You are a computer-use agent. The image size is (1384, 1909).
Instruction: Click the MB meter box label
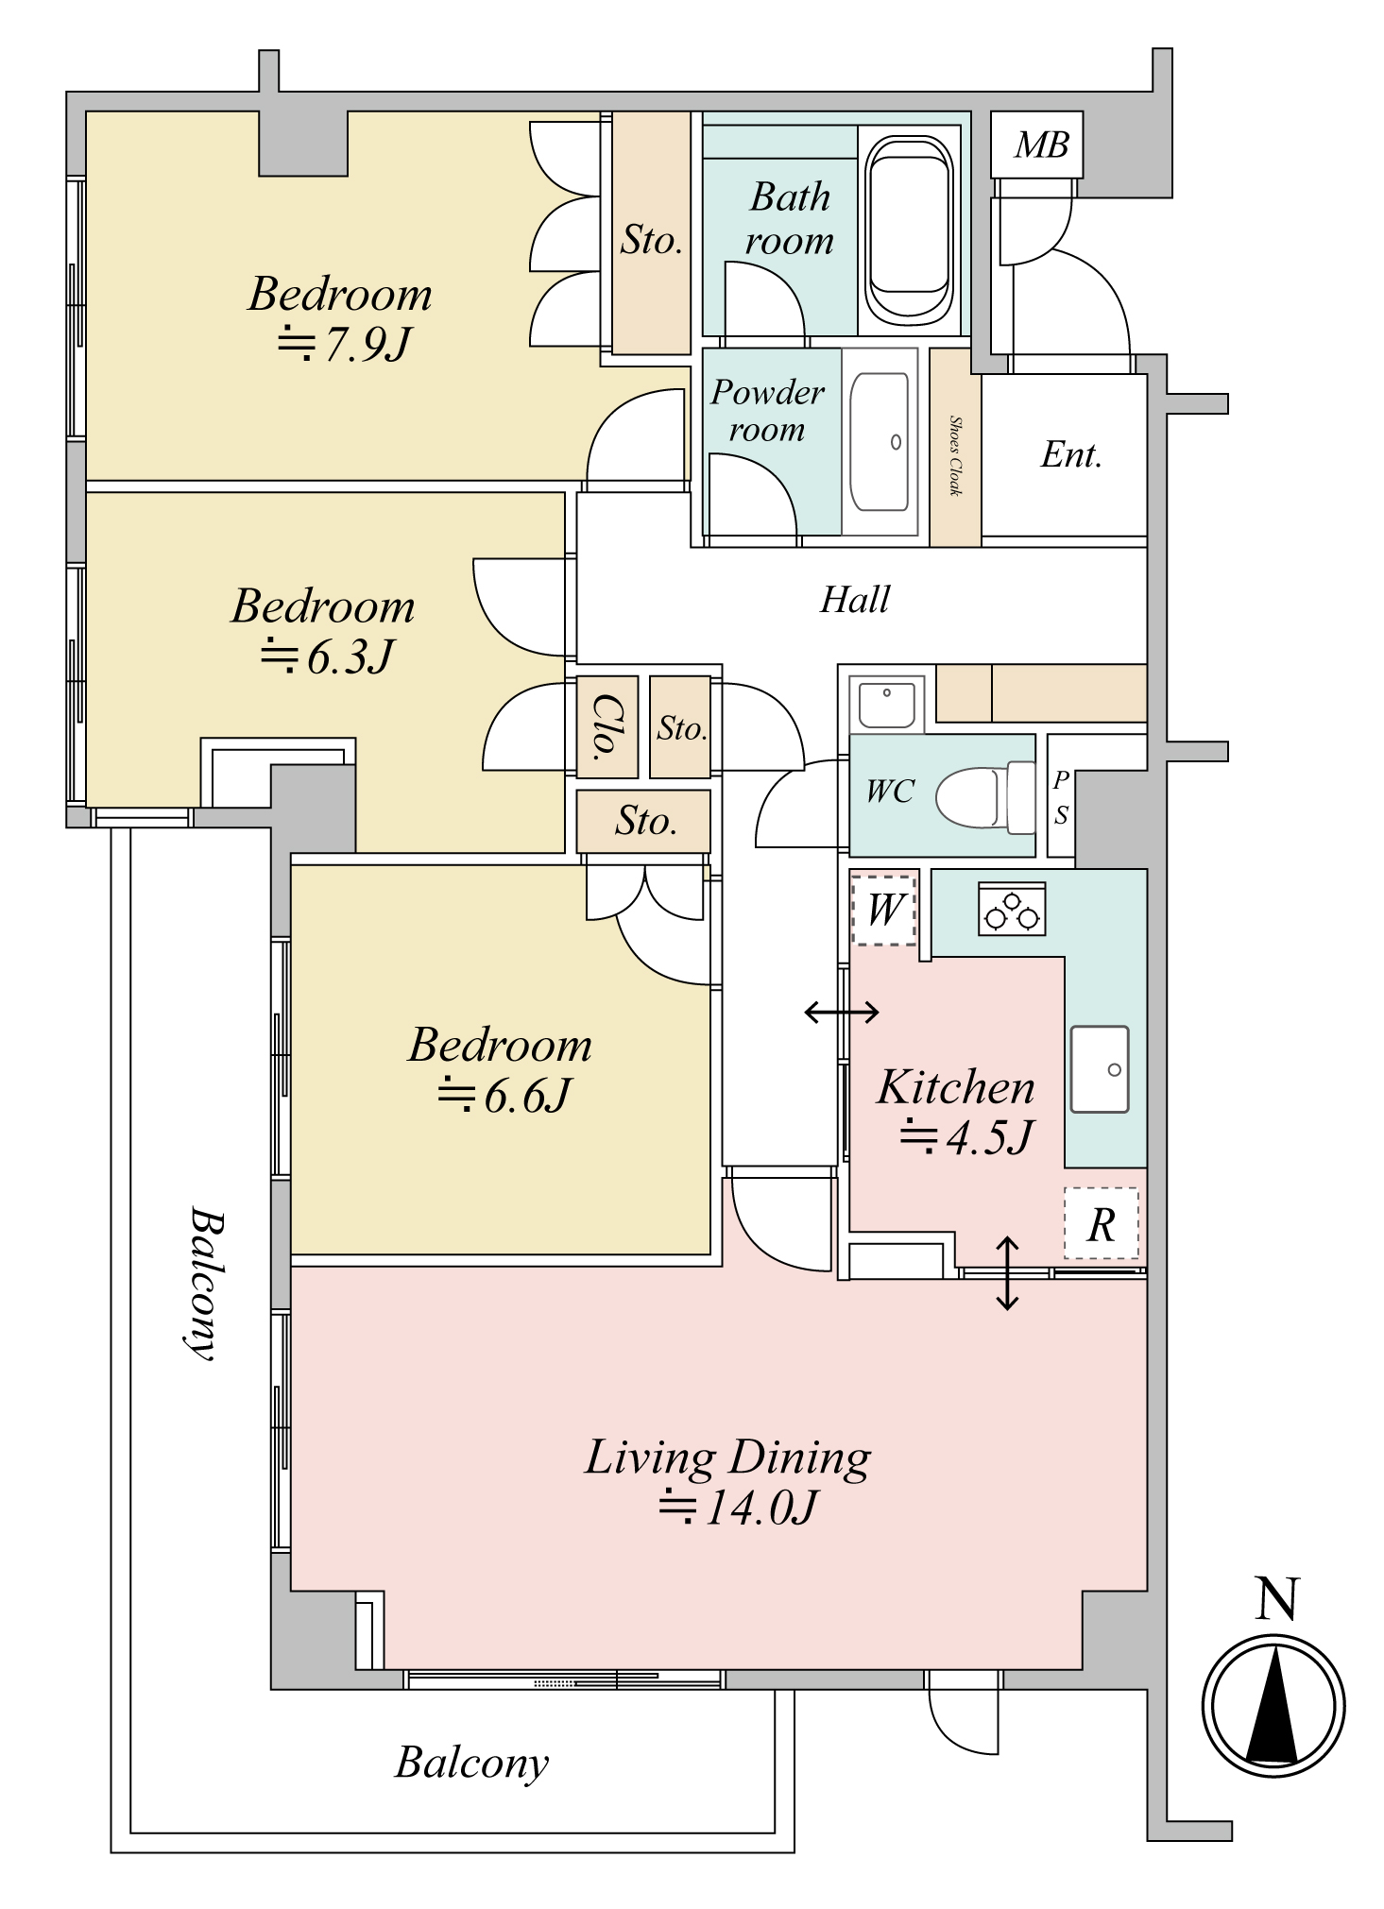(x=1041, y=145)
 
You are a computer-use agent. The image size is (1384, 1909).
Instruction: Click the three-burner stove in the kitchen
(x=1012, y=909)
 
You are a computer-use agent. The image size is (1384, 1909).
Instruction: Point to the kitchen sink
(x=1100, y=1068)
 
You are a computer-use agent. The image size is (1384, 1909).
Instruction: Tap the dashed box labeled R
(x=1102, y=1222)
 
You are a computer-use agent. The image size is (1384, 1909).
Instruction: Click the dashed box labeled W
(x=884, y=910)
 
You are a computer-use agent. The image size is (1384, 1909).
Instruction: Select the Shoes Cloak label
(x=955, y=455)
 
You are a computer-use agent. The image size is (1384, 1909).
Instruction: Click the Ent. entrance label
(x=1071, y=454)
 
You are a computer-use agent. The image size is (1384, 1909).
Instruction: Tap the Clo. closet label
(x=607, y=727)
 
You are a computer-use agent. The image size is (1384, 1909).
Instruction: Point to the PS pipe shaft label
(x=1061, y=797)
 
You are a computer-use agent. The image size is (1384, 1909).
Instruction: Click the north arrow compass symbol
(x=1273, y=1706)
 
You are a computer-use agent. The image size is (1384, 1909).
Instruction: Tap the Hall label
(x=855, y=600)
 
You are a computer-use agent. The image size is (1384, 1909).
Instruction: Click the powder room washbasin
(x=880, y=442)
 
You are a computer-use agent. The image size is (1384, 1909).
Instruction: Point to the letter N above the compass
(x=1275, y=1599)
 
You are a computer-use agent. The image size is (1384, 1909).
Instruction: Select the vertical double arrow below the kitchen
(x=1007, y=1273)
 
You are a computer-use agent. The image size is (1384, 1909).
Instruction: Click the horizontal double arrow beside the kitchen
(x=842, y=1013)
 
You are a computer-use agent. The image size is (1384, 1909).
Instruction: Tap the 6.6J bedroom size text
(x=504, y=1096)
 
